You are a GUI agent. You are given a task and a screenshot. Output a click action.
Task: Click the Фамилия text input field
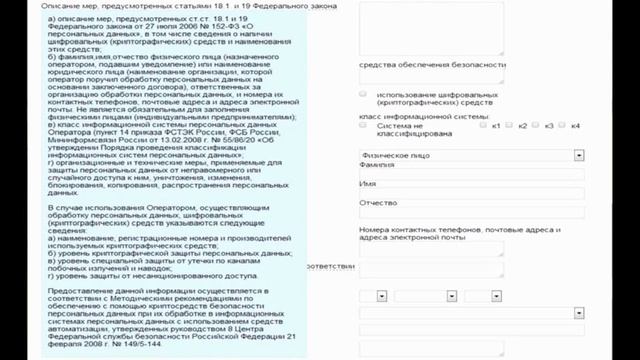point(471,176)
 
